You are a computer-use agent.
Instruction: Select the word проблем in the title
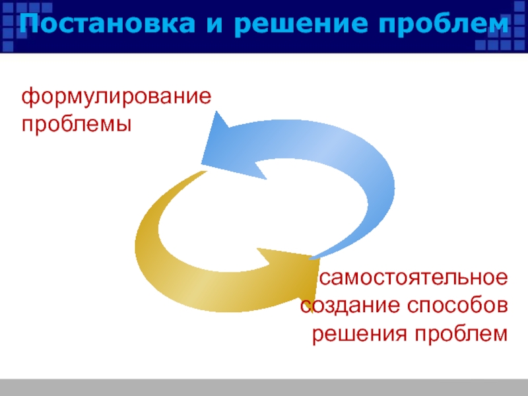click(448, 25)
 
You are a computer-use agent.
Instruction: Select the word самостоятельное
click(414, 278)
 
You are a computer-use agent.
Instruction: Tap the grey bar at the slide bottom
click(264, 387)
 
